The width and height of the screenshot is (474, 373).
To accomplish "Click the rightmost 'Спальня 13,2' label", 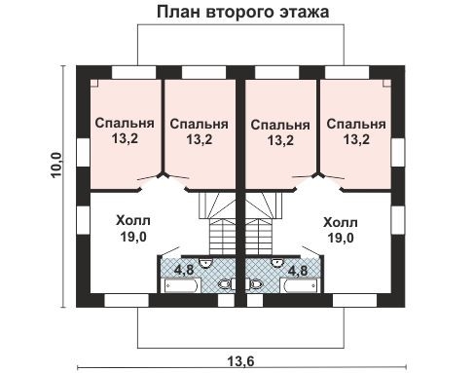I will (356, 131).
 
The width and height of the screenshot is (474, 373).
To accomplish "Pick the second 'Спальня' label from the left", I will (199, 131).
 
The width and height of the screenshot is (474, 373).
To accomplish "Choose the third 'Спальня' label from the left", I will (280, 131).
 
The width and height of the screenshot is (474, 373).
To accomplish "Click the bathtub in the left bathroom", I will (180, 285).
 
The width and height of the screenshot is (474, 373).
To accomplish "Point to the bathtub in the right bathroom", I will (301, 285).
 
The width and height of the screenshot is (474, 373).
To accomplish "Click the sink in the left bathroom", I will (206, 263).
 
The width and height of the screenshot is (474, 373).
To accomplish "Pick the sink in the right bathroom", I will (276, 263).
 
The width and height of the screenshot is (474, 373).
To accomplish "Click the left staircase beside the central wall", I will (220, 224).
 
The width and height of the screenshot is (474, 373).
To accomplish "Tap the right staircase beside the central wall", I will (260, 224).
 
